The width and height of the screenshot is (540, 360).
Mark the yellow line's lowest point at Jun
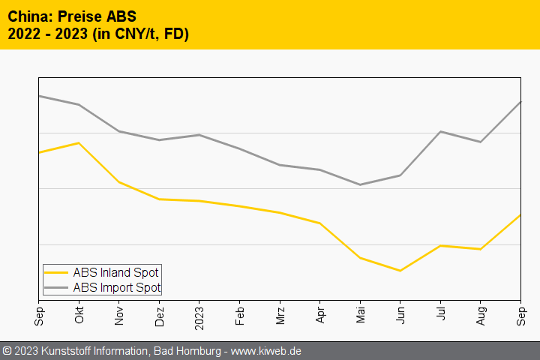pyautogui.click(x=400, y=271)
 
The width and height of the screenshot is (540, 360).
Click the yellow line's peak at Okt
pyautogui.click(x=79, y=142)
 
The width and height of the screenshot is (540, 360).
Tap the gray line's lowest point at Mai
pyautogui.click(x=360, y=184)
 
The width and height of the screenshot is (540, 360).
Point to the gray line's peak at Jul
pyautogui.click(x=440, y=131)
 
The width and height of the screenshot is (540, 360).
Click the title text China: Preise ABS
pyautogui.click(x=72, y=16)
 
